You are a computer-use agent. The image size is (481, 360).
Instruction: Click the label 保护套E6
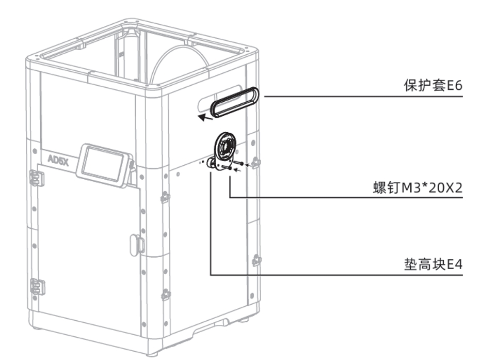432,86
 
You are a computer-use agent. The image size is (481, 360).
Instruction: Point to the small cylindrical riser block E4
212,163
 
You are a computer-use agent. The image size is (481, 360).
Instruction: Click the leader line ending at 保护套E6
361,96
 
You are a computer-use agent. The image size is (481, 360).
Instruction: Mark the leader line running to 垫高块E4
310,274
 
